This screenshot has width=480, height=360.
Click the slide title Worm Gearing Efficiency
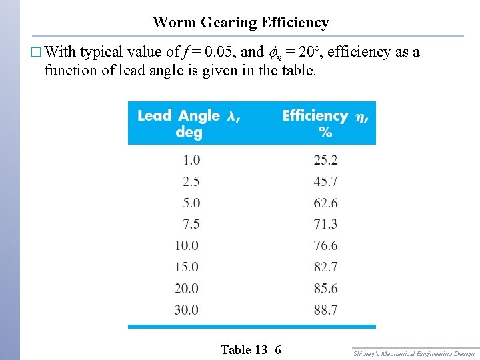(241, 23)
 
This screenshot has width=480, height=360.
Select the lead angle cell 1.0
(191, 160)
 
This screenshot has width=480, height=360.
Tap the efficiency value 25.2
(325, 160)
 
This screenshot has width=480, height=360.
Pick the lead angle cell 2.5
(191, 181)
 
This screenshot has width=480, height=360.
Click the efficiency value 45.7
(325, 181)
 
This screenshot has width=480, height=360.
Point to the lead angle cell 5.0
(191, 203)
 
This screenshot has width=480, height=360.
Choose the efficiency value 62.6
(325, 203)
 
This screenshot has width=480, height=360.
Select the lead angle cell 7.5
(191, 224)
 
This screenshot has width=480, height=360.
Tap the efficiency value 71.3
(325, 224)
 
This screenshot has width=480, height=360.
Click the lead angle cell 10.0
(187, 245)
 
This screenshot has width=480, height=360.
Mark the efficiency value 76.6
(325, 245)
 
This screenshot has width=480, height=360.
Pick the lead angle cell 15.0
(187, 267)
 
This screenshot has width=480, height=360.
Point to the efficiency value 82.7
(325, 267)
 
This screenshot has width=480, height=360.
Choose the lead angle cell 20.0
(187, 289)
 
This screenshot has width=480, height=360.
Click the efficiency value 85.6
(325, 289)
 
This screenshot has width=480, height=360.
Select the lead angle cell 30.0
(187, 310)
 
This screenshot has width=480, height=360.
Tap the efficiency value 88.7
(325, 310)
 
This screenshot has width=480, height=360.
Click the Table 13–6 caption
(250, 349)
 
